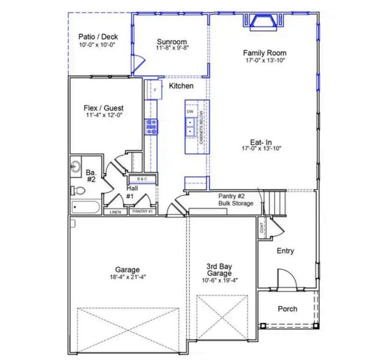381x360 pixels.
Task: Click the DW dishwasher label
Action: [x=190, y=112]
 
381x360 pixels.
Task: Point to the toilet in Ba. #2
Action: [x=77, y=191]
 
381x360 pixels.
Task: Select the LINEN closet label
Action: [x=115, y=212]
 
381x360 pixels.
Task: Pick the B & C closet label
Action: [x=142, y=179]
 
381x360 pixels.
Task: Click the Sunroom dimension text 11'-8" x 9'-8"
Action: [x=172, y=47]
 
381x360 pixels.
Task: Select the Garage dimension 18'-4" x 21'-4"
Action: [x=128, y=277]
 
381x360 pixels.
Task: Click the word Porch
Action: [x=287, y=309]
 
